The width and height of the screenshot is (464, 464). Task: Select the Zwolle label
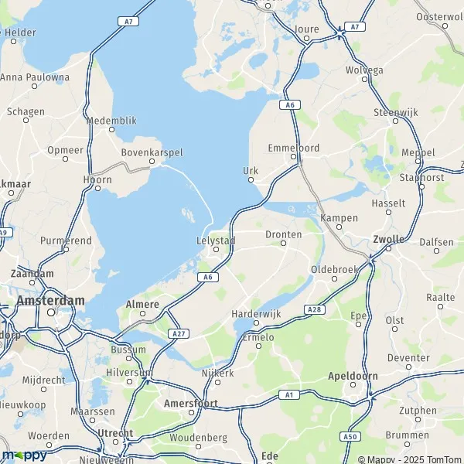388,239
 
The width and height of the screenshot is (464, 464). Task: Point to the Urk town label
250,170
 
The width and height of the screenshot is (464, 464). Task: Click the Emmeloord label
293,147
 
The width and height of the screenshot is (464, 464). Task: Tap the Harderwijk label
255,314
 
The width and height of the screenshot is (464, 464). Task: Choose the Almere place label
142,304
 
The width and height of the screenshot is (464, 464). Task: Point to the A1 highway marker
290,395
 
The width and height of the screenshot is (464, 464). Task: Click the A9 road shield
4,232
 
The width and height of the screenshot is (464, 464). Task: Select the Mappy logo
24,455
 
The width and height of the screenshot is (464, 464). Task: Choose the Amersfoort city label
191,404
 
